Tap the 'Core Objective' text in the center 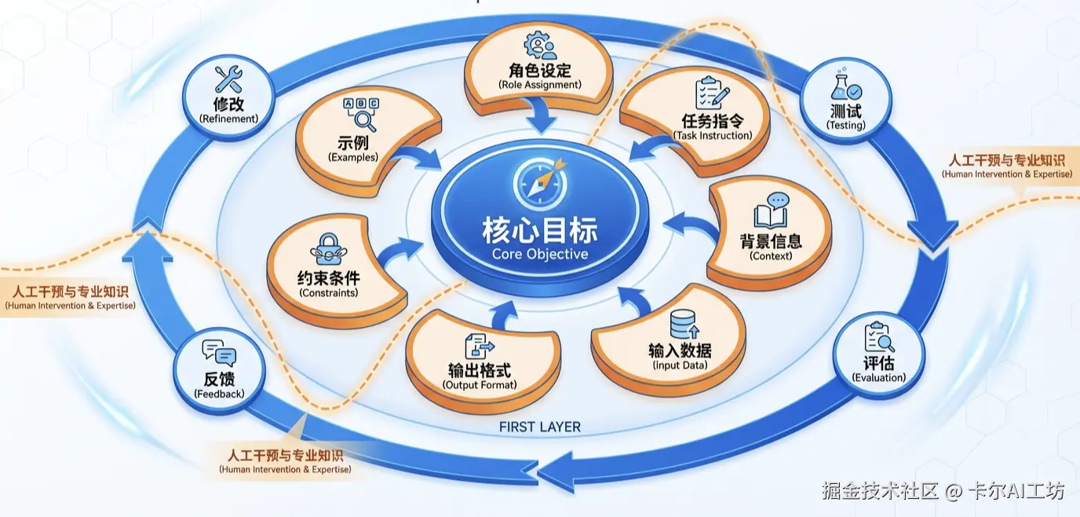click(x=539, y=254)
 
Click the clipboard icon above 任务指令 click(x=712, y=93)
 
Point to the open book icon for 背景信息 click(x=774, y=211)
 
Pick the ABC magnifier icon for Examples click(x=360, y=113)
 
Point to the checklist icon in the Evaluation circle click(x=878, y=338)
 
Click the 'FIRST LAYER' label click(x=540, y=427)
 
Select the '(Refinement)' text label click(x=228, y=119)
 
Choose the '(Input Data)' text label click(x=680, y=365)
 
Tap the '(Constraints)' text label click(x=329, y=293)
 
